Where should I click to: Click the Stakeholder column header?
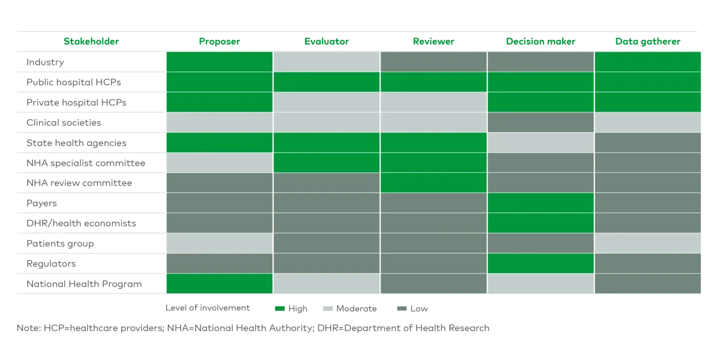coord(91,42)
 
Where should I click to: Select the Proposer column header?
coord(220,42)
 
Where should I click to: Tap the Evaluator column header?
coord(326,42)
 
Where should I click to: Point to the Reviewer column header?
coord(434,42)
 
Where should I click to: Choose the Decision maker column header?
coord(540,42)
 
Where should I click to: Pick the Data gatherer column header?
coord(647,42)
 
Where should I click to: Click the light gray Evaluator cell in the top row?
coord(326,61)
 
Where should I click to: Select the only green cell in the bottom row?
coord(219,284)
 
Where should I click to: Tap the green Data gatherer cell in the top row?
coord(647,61)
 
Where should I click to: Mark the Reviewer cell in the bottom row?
coord(434,284)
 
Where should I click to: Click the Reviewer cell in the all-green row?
coord(434,82)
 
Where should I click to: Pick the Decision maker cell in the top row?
coord(541,61)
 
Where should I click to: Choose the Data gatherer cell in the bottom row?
coord(647,284)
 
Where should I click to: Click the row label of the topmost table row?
coord(47,62)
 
